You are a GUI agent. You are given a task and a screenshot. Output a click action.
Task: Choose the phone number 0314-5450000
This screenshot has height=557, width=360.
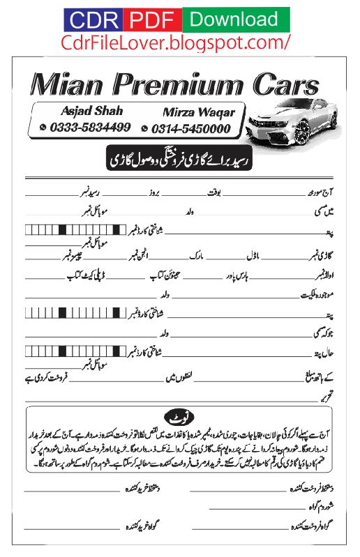coord(190,128)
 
